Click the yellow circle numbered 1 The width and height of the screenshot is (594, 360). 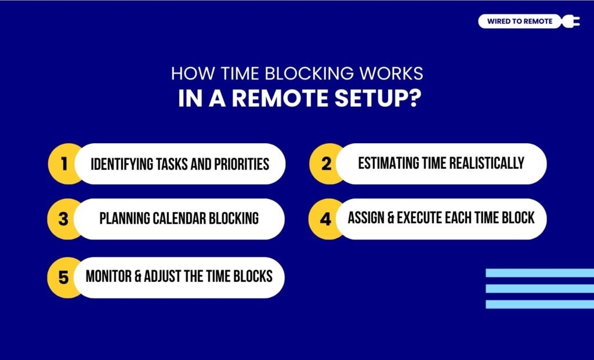[x=64, y=164]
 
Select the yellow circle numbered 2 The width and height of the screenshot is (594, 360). [x=326, y=164]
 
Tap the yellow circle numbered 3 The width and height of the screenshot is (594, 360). [x=64, y=219]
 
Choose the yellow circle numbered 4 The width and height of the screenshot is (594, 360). [x=326, y=219]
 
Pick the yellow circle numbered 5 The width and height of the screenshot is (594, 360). [x=64, y=277]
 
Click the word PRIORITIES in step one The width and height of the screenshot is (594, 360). [x=239, y=164]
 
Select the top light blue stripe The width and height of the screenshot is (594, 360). [x=539, y=273]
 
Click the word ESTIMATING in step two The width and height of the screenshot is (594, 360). [x=388, y=163]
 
